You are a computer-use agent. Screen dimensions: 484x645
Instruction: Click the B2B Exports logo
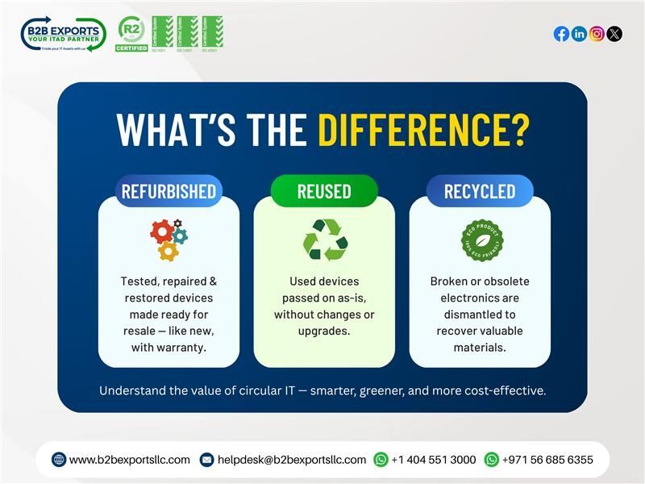63,34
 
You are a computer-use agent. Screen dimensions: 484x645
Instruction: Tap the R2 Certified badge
131,34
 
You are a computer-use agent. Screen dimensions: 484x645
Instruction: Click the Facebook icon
561,34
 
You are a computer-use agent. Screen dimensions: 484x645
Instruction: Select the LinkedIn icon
579,34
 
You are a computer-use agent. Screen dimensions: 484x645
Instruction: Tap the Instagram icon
597,34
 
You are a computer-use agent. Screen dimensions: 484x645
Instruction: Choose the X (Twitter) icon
614,34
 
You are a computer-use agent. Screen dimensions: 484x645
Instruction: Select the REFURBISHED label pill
169,191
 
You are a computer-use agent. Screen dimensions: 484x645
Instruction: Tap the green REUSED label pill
324,191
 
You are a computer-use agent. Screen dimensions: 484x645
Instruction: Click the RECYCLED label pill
480,191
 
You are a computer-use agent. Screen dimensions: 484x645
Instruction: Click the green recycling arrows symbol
324,240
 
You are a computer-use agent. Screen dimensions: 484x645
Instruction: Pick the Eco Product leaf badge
482,240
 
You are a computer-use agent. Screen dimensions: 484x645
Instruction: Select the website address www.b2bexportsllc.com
130,460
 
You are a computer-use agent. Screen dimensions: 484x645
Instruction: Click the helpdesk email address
291,460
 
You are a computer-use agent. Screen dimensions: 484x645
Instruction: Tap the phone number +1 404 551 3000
434,460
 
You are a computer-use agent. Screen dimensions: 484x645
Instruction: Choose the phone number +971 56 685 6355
547,460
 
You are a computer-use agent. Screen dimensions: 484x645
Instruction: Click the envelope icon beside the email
206,460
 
